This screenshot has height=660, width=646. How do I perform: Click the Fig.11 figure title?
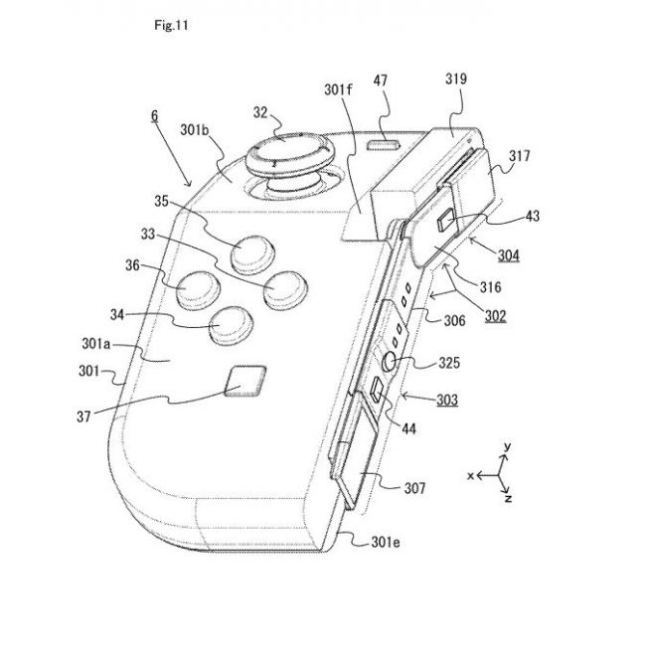tap(171, 25)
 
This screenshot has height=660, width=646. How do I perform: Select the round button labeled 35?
tap(252, 253)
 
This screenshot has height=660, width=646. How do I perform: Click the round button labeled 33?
tap(285, 289)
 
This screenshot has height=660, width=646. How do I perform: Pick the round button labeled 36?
tap(198, 288)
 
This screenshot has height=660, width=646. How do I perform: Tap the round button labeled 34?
tap(231, 325)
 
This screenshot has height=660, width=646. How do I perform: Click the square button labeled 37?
tap(245, 381)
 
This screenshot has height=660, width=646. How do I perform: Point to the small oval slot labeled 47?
tap(383, 145)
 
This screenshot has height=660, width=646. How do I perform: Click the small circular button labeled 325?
tap(391, 361)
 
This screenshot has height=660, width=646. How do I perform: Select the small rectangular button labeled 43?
tap(445, 220)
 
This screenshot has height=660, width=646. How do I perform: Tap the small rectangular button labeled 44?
tap(376, 389)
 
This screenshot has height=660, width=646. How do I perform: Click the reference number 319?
tap(456, 79)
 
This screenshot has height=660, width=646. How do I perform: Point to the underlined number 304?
tap(509, 255)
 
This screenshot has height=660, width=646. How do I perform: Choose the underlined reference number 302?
tap(495, 316)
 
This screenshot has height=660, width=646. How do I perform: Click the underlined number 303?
tap(447, 400)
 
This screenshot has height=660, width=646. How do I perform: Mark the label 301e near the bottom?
tap(386, 542)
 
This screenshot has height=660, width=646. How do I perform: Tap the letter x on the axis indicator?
tap(471, 476)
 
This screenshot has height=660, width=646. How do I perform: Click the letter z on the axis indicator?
tap(509, 498)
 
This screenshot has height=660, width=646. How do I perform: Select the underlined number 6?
tap(155, 115)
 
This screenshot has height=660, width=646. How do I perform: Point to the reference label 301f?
tap(338, 89)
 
